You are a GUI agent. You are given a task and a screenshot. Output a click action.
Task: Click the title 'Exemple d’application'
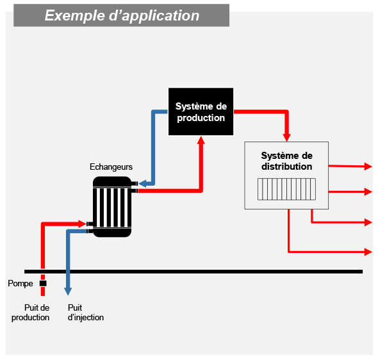point(122,15)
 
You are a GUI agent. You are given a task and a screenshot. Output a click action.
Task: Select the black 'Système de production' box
point(201,111)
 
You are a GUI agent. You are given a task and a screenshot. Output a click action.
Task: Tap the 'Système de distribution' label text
point(286,161)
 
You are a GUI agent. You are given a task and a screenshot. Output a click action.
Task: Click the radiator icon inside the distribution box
point(286,189)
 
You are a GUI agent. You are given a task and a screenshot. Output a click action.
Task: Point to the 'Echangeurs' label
point(111,167)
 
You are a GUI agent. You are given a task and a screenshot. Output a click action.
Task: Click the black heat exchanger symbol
point(112,207)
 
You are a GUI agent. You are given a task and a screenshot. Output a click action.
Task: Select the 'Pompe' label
point(21,283)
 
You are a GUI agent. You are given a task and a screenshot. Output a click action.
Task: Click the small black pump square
point(43,283)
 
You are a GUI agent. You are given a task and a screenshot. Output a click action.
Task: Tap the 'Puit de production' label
point(31,313)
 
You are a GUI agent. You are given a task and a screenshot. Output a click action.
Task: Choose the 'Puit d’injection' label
point(86,313)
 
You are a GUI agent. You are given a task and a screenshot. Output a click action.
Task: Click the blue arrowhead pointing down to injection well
point(68,291)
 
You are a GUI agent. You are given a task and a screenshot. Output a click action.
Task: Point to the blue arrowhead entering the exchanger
point(142,184)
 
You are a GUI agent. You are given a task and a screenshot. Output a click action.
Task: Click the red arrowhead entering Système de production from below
point(201,140)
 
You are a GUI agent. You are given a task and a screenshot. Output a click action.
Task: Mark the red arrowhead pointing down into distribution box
point(286,138)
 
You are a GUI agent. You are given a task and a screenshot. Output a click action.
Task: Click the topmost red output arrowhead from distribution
point(368,167)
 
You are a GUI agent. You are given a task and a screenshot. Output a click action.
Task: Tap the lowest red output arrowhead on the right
point(368,252)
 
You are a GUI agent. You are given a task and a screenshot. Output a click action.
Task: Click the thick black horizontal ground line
point(193,272)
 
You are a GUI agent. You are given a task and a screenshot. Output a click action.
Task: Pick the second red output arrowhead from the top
point(368,192)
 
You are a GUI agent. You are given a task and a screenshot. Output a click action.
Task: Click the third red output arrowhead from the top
point(368,222)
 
